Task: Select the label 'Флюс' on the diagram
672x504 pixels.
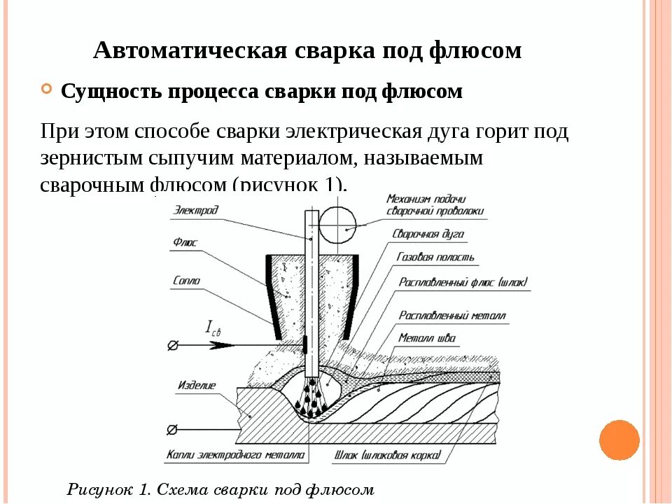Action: click(185, 242)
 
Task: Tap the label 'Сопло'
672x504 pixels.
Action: click(186, 281)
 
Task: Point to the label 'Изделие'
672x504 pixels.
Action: click(196, 385)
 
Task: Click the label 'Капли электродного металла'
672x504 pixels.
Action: click(235, 455)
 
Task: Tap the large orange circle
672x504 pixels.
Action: click(619, 440)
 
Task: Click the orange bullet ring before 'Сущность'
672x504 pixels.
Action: click(47, 90)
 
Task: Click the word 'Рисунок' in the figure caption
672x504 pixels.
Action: click(103, 489)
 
